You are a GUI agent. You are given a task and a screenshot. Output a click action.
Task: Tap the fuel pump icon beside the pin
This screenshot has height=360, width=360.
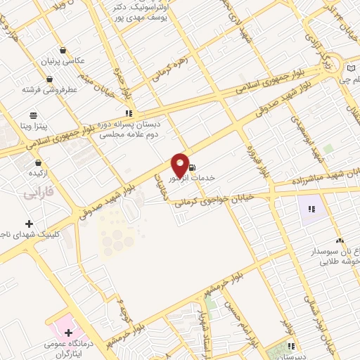[191, 167]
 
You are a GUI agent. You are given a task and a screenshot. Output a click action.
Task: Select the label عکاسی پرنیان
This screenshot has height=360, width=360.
[64, 61]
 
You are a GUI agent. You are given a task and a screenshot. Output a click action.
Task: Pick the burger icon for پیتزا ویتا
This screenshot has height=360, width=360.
[32, 115]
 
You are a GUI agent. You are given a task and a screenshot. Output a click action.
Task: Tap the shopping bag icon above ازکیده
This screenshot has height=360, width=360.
[30, 162]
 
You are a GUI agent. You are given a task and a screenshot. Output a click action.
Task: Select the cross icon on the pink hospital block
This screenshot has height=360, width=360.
[68, 330]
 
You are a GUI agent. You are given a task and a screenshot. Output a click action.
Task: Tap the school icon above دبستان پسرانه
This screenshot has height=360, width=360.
[128, 112]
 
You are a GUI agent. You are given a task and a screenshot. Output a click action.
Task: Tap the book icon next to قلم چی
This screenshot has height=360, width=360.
[352, 68]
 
